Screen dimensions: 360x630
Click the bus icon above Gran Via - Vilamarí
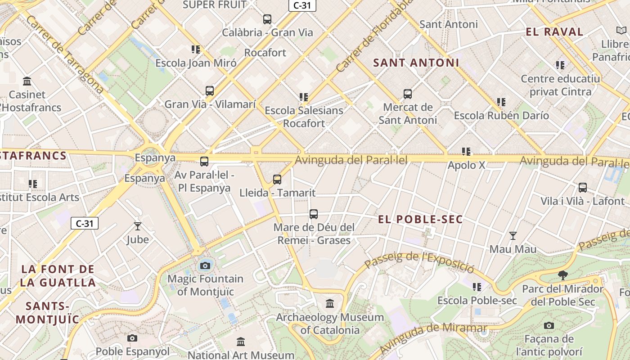210,91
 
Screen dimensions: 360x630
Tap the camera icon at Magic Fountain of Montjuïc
205,265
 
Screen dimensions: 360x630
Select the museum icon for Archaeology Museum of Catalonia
330,304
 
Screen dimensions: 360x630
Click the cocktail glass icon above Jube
138,226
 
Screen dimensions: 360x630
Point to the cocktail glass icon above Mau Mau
513,235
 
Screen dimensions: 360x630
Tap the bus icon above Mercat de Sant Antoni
408,94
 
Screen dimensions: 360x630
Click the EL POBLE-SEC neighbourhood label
420,220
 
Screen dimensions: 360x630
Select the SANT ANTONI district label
416,63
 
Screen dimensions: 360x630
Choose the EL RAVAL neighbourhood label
554,32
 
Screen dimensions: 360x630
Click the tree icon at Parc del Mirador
562,275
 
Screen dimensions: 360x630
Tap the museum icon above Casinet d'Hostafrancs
27,81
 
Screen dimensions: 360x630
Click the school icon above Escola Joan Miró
195,49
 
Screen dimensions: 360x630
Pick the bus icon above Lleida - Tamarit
277,180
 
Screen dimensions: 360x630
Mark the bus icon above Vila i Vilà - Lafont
583,188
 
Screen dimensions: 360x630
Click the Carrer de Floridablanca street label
374,36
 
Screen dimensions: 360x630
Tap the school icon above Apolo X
466,152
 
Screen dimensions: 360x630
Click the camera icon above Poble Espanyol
132,338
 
